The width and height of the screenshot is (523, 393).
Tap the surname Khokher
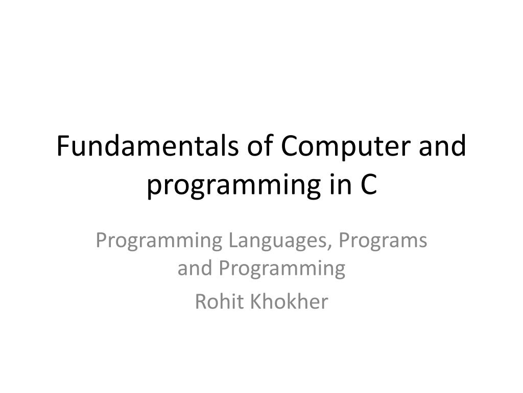click(289, 301)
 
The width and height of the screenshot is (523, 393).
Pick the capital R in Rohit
click(201, 301)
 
